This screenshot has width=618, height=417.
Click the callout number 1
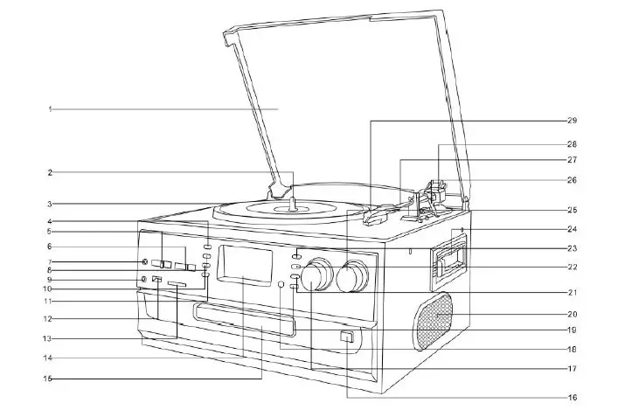pyautogui.click(x=51, y=108)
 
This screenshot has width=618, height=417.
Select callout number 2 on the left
pyautogui.click(x=51, y=172)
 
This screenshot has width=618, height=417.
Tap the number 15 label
pyautogui.click(x=49, y=379)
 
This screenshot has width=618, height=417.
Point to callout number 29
pyautogui.click(x=572, y=120)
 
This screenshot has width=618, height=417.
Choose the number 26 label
pyautogui.click(x=572, y=180)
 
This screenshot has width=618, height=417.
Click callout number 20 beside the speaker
pyautogui.click(x=572, y=314)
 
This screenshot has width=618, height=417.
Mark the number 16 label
pyautogui.click(x=572, y=398)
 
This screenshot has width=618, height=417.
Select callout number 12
pyautogui.click(x=50, y=318)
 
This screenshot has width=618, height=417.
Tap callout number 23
pyautogui.click(x=572, y=248)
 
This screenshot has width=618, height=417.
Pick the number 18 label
pyautogui.click(x=572, y=349)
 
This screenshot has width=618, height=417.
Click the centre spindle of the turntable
pyautogui.click(x=292, y=206)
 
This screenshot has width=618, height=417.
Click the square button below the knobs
pyautogui.click(x=347, y=337)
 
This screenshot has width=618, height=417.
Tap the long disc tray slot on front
pyautogui.click(x=243, y=315)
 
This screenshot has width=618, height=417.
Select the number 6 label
pyautogui.click(x=50, y=247)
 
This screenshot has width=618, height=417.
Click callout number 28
pyautogui.click(x=572, y=143)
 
